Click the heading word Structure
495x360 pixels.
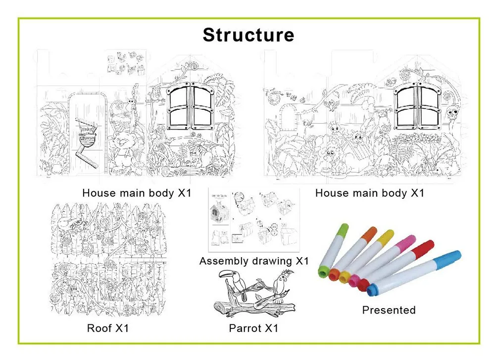click(x=248, y=35)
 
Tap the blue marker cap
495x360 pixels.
click(x=453, y=257)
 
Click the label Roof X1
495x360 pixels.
click(x=107, y=328)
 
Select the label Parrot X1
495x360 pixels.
click(x=253, y=328)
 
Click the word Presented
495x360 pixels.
click(x=389, y=310)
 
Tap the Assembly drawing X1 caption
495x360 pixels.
click(x=254, y=261)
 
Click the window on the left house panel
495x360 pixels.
click(x=191, y=107)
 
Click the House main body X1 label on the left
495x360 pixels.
click(x=137, y=193)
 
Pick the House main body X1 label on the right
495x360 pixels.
click(x=370, y=193)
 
